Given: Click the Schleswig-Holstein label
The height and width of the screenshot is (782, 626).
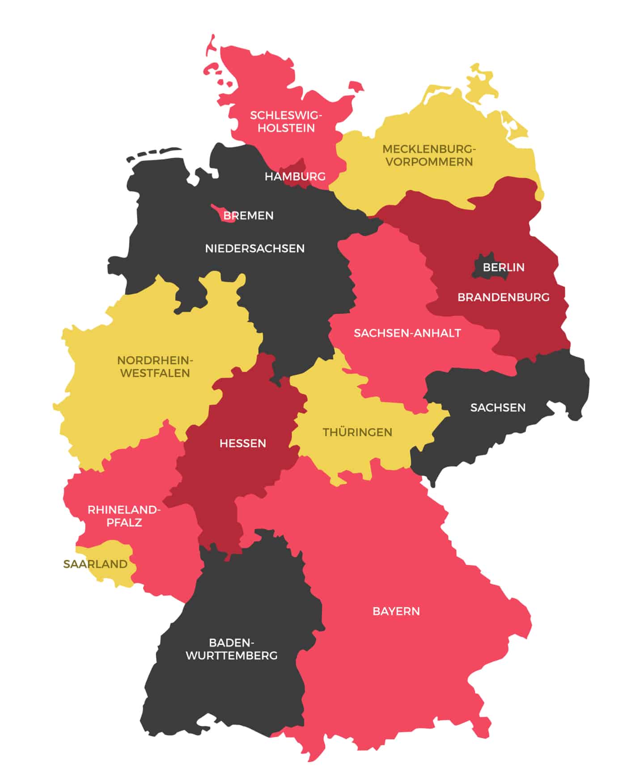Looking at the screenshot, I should coord(286,122).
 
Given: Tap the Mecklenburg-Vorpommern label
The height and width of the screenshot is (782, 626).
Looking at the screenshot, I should coord(429,155).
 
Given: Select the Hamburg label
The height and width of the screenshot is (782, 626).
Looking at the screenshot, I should coord(295,177).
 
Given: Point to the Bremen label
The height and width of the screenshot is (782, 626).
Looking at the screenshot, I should coord(248,215).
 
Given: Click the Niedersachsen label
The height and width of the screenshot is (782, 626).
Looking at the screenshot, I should coord(254,248).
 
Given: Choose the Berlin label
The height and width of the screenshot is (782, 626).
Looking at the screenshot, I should coord(503,267).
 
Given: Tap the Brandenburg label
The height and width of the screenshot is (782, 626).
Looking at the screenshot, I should coord(503,297).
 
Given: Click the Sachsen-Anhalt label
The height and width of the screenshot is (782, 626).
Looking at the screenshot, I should coord(407,333).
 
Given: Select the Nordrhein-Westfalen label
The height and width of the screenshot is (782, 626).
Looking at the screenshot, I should coord(155,366).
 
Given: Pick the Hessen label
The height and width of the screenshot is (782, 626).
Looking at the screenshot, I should coord(242,443).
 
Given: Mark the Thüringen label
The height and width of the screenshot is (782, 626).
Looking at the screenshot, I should coord(357,432).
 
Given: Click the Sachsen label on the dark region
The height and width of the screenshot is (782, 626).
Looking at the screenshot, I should coord(498,408).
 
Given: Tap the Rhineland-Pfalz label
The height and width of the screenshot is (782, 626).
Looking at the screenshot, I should coord(124,516).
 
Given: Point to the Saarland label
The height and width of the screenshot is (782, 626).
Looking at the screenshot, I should coord(95,564).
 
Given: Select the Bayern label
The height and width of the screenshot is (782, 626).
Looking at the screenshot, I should coord(396,611).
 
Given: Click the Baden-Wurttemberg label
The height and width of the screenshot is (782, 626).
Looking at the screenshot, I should coord(231,649).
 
